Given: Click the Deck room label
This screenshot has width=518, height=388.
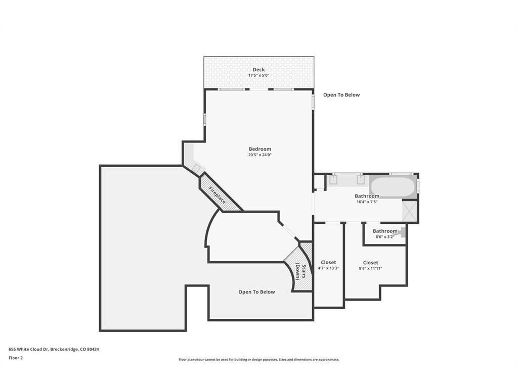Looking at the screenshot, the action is pos(258,69).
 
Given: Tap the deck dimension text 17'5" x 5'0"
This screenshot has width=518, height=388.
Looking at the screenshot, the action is pos(258,75).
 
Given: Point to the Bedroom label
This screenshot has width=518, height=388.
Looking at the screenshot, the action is pos(260,149).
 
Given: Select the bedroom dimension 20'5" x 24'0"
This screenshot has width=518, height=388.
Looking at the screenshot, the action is pos(260,155).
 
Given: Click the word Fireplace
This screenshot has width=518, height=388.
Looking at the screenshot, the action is pos(217,195).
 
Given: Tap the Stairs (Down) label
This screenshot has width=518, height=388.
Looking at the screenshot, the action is pos(301,271).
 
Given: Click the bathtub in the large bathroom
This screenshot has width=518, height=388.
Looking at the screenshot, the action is pos(393,186).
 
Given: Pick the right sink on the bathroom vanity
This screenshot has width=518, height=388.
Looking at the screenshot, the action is pos(360,180).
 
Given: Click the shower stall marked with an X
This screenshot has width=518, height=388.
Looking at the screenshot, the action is pos(409,211).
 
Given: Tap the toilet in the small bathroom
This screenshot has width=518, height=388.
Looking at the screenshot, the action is pos(402,232).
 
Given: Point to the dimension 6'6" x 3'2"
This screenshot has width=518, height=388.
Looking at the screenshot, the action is pos(385,236).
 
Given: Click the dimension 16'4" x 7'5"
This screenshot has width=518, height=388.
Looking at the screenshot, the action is pos(367,202).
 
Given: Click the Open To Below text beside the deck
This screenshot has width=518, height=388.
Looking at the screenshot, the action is pos(341,94).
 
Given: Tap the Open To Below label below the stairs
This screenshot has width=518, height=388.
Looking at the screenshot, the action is pos(256,292).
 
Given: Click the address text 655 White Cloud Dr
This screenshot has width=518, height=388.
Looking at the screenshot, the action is pos(29,349).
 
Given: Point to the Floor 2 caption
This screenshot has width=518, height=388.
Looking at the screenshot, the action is pos(16,358).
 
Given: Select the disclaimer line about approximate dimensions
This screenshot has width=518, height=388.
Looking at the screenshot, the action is pos(259,360).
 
